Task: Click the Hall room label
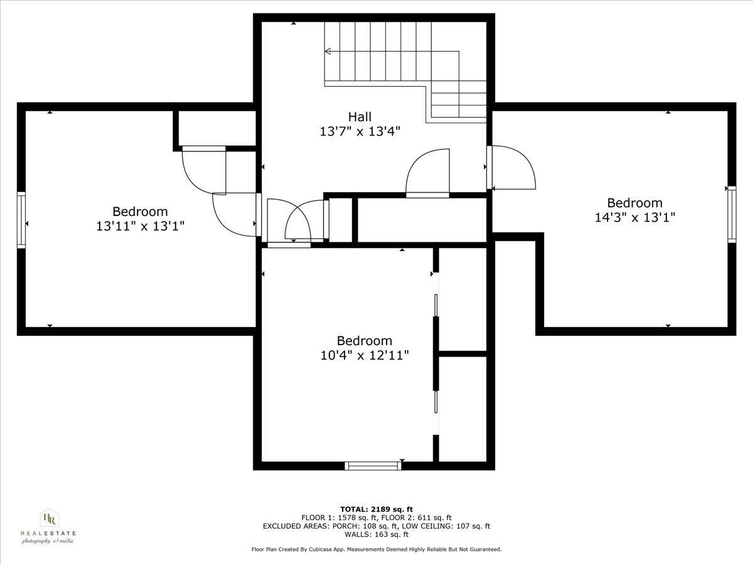[360, 117]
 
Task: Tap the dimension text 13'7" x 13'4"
[360, 131]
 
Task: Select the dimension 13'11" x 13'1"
[140, 226]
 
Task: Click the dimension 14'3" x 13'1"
[634, 217]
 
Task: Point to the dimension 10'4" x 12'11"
[365, 355]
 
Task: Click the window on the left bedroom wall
[21, 220]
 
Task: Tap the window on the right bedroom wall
[732, 214]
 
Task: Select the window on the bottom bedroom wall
[373, 466]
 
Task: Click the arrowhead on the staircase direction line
[327, 51]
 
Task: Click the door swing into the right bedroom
[513, 168]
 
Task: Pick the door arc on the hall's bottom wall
[429, 172]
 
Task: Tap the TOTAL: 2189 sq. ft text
[376, 509]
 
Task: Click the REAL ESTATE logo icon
[48, 519]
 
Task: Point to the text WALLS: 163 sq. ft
[376, 534]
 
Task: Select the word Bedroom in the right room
[634, 203]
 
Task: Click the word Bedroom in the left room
[140, 212]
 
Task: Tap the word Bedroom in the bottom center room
[365, 341]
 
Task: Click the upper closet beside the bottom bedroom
[462, 300]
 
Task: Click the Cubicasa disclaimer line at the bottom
[376, 549]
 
